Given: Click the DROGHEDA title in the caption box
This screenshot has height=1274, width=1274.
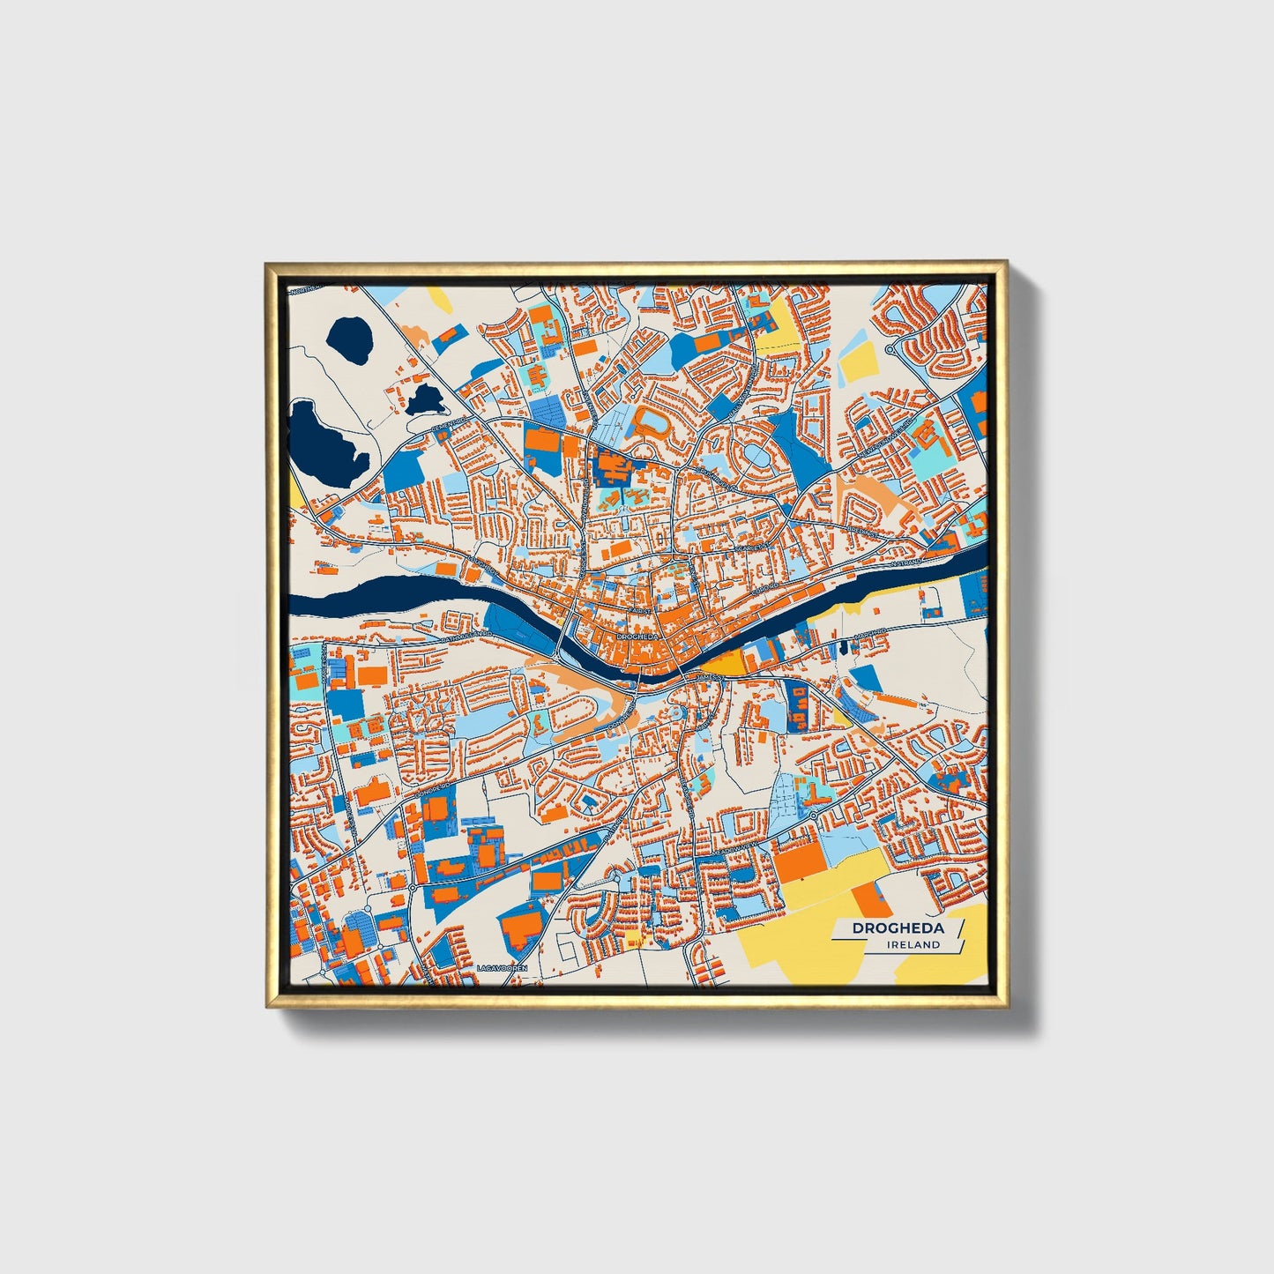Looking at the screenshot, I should click(x=898, y=928).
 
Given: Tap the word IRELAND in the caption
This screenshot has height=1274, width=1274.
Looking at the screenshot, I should click(x=914, y=944).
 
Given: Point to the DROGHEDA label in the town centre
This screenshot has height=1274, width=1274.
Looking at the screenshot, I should click(x=637, y=636).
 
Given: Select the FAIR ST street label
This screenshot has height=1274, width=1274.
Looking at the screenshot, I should click(x=640, y=610).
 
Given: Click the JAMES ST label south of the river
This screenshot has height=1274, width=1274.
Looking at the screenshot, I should click(x=711, y=676).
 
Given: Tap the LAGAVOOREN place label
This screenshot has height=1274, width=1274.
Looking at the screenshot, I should click(x=502, y=968).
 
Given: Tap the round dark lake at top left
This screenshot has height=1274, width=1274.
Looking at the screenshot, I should click(x=348, y=337).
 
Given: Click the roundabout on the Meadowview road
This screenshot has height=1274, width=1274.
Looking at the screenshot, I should click(x=812, y=816).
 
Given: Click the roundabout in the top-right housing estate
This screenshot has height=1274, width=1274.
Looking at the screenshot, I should click(x=889, y=350).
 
